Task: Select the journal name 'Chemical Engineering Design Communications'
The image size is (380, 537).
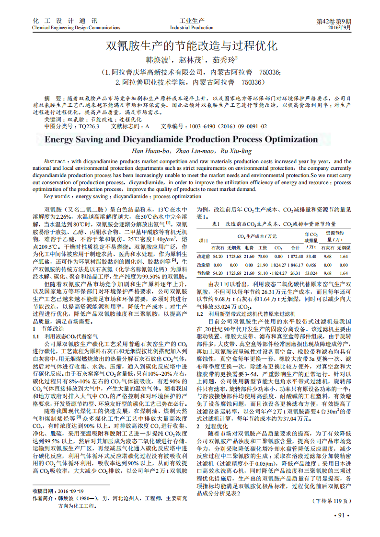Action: pos(76,28)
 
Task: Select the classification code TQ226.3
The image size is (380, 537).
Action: pos(89,126)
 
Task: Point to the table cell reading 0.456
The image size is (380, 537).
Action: pos(311,265)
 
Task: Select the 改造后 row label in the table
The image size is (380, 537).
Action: pos(204,265)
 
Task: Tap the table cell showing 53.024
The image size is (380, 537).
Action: pos(311,273)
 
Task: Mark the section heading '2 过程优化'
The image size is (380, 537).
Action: pos(206,412)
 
